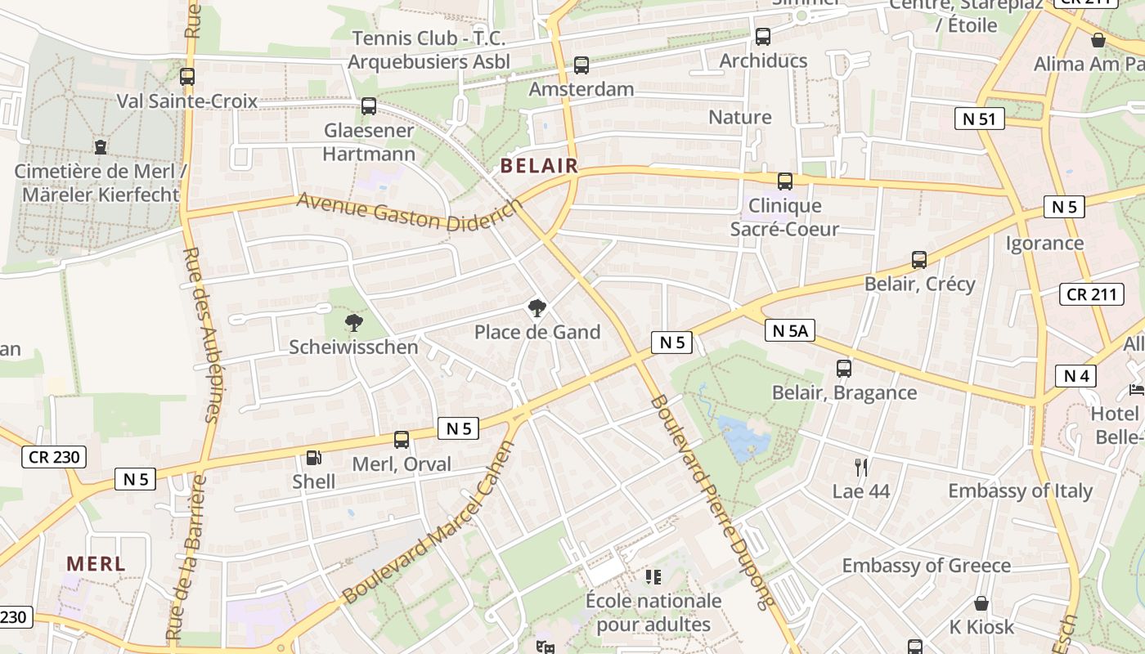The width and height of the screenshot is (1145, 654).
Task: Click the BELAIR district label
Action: pos(539,166)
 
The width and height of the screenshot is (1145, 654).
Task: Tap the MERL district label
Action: pos(96,563)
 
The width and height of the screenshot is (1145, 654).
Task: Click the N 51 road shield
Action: pos(979,119)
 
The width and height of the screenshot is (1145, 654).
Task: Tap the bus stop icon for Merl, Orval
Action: pos(402,440)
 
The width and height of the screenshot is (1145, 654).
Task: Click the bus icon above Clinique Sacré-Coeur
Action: pos(785,181)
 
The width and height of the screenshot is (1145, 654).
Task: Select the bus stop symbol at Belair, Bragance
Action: pos(844,369)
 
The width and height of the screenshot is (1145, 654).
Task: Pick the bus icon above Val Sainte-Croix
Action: pos(187,77)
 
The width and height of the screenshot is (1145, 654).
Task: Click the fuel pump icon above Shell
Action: pos(313,458)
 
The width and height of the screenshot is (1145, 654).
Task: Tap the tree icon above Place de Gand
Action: pos(537,308)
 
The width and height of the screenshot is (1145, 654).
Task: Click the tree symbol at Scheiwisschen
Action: pos(353,323)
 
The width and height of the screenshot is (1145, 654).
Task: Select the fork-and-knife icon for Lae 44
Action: pos(860,468)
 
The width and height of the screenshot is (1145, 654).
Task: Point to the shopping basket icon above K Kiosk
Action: pos(981,603)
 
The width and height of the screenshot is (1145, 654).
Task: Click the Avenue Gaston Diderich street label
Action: pos(409,212)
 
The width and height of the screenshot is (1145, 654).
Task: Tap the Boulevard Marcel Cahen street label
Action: pos(430,523)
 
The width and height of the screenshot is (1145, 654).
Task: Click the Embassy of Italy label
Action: pos(1020,490)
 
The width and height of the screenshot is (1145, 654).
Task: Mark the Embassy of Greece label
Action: pos(926,565)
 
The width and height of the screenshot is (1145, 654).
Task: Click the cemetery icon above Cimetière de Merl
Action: pos(101,147)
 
